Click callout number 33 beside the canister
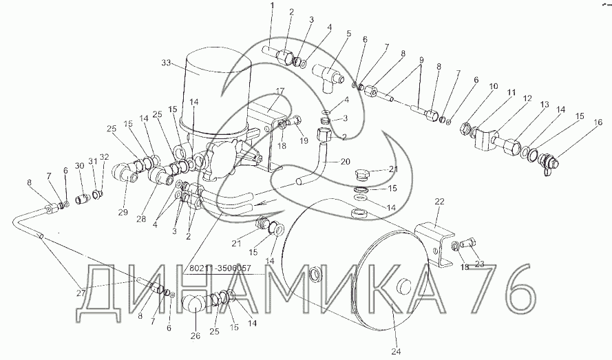tap(166, 63)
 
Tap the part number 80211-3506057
tap(220, 268)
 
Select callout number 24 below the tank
tap(396, 352)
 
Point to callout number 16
tap(598, 123)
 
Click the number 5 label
tap(348, 33)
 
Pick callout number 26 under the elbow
tap(195, 336)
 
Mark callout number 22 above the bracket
tap(440, 202)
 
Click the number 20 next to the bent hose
tap(345, 161)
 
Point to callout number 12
tap(527, 99)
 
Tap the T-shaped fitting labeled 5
tap(328, 78)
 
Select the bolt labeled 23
tap(467, 243)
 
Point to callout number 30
tap(80, 166)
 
